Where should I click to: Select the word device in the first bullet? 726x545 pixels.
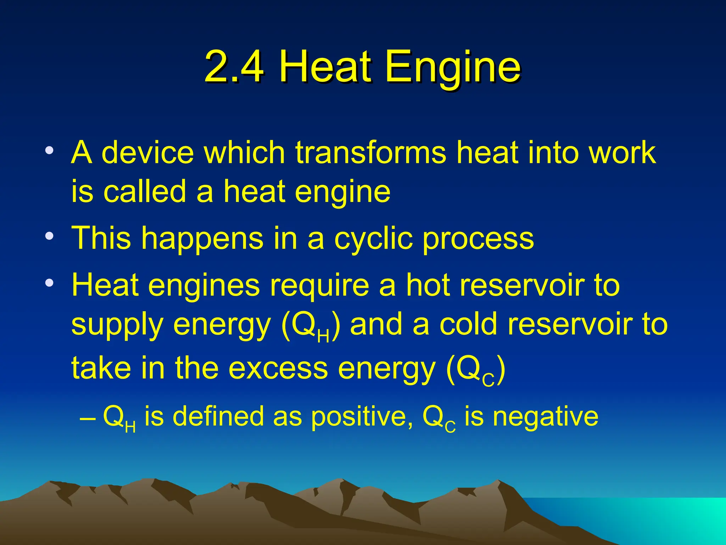148,153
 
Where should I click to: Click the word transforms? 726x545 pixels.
371,153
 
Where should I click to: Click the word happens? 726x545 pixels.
202,238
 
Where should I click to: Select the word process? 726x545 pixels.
478,238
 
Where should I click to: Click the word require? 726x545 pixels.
319,286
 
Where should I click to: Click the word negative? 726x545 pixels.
546,417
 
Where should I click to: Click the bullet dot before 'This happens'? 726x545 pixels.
50,236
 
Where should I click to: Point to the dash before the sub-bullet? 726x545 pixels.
87,418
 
